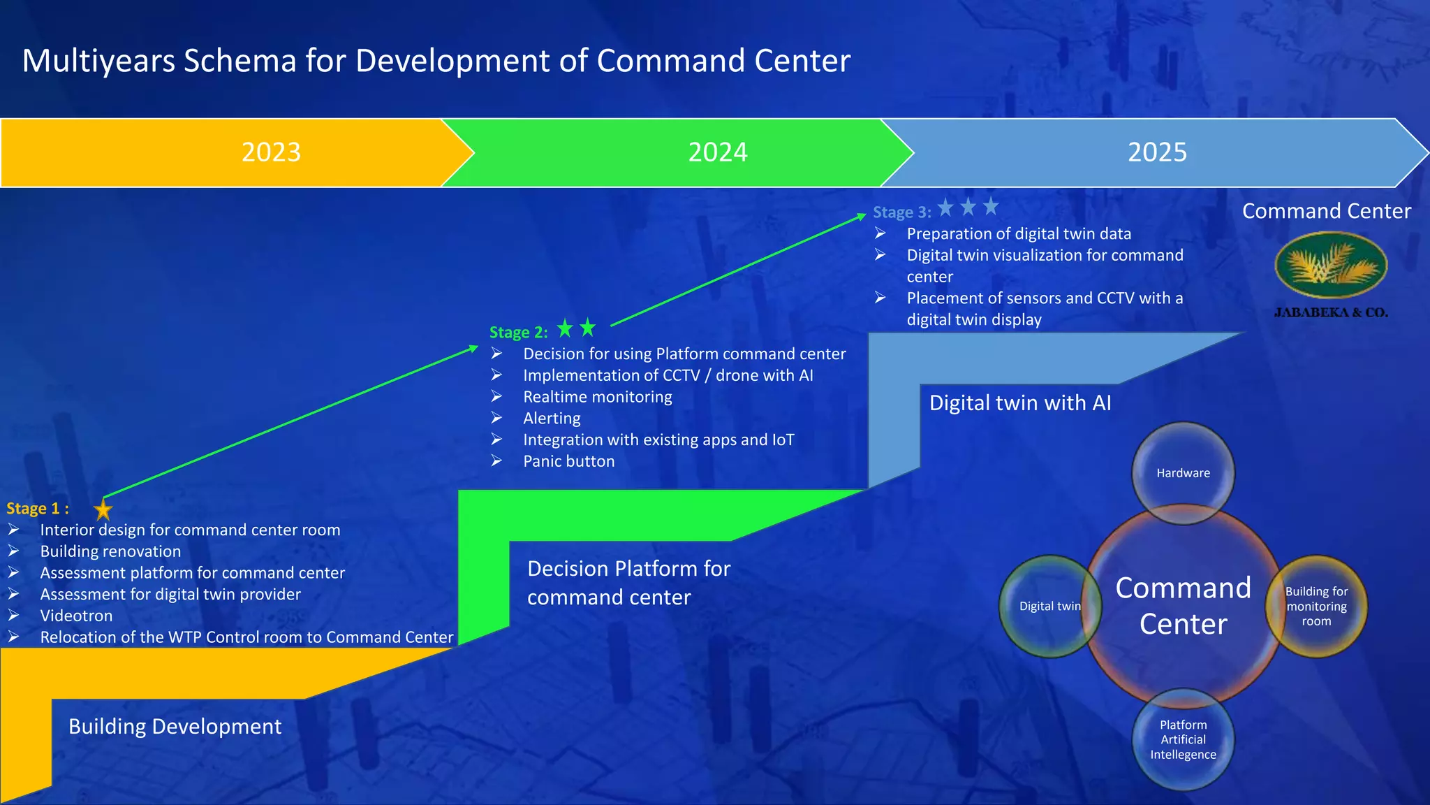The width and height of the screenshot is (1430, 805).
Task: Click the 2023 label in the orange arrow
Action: point(271,152)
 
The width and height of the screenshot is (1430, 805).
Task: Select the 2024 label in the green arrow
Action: point(718,152)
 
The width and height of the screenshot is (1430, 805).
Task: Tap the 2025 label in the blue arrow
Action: point(1157,152)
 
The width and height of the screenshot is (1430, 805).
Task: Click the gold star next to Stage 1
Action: point(103,509)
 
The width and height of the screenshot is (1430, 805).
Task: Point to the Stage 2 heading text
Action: point(518,333)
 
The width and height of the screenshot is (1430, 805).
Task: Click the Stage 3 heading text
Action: point(901,212)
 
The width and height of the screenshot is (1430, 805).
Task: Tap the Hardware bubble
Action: point(1183,473)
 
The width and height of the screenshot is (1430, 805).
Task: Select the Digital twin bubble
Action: point(1049,606)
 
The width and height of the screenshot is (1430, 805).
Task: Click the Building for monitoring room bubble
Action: point(1316,606)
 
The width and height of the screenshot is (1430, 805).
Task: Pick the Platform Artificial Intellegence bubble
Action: point(1183,739)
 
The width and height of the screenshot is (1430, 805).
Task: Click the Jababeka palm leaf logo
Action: point(1331,266)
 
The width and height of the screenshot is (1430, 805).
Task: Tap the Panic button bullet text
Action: point(568,461)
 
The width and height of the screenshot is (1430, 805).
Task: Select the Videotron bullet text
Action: point(76,616)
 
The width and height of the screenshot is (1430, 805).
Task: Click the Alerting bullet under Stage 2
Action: point(552,419)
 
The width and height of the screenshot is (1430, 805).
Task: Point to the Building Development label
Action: point(175,727)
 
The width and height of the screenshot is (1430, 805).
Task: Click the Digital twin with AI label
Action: point(1019,403)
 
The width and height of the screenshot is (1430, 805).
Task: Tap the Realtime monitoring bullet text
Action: point(597,397)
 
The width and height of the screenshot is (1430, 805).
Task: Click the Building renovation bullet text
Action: point(110,551)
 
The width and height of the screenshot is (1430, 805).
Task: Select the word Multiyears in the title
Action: point(99,61)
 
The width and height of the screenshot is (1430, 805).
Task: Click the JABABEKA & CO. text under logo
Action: point(1331,312)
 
